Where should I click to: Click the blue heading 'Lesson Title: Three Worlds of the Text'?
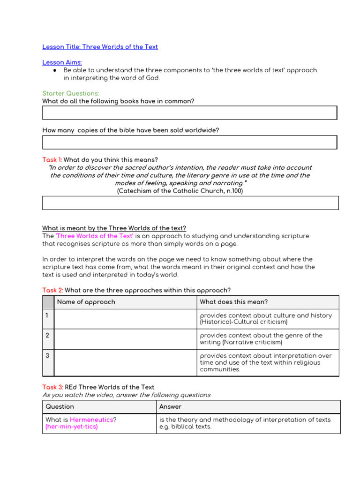[100, 47]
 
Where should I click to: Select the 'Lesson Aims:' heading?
[62, 62]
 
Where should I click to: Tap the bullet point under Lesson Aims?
[55, 70]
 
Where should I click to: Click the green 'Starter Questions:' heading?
[70, 93]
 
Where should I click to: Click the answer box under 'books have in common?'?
[189, 112]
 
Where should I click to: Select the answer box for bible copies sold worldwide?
[189, 142]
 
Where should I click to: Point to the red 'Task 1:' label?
[52, 160]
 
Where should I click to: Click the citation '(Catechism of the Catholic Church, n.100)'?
[180, 191]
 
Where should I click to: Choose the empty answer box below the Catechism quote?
[190, 202]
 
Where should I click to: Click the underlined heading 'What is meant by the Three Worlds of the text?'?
[114, 228]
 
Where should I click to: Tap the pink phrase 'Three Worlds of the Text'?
[95, 236]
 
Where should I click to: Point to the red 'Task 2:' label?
[52, 291]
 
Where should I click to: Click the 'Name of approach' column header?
[86, 302]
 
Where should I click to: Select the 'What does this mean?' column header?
[233, 302]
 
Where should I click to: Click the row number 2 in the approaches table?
[48, 336]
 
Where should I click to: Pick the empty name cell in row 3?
[125, 362]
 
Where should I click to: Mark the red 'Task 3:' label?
[52, 387]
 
